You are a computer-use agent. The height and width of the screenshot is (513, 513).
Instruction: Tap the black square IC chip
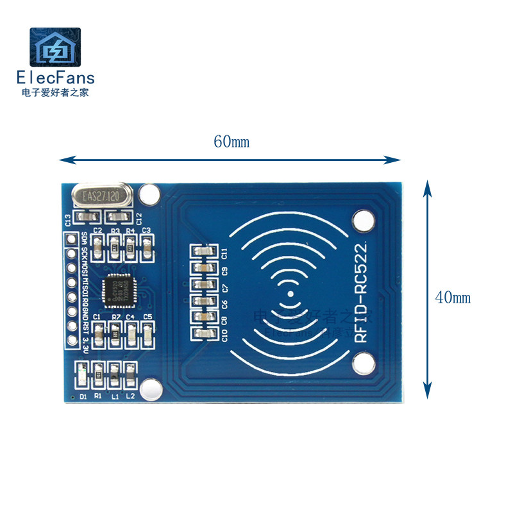coord(119,289)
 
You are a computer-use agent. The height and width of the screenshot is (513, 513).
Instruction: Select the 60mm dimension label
coord(231,142)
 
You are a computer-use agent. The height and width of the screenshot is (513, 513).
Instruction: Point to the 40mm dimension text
coord(453,298)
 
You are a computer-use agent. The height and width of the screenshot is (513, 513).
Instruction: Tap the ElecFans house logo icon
coord(55,47)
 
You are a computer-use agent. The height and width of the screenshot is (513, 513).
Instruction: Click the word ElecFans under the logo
coord(55,78)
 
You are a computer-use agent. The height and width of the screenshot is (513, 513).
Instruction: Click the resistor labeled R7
coord(115,333)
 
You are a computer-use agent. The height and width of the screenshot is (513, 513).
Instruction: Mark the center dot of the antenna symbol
coord(290,295)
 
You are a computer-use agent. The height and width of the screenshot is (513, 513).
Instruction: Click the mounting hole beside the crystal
coord(149,194)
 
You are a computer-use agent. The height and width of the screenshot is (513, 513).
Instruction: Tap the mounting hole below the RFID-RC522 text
coord(364,365)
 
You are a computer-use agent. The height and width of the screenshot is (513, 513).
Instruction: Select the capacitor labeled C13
coord(83,218)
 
